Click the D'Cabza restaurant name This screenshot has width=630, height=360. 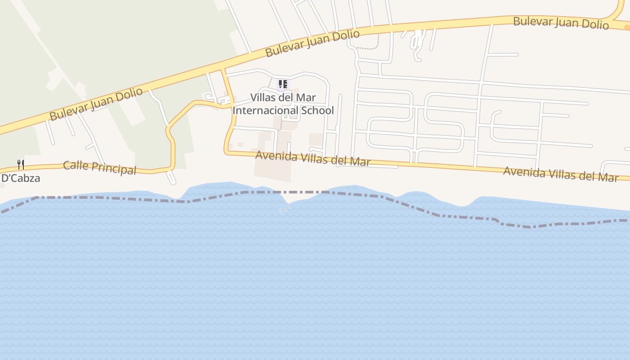pyautogui.click(x=21, y=178)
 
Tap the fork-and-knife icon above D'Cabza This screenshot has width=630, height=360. pyautogui.click(x=21, y=164)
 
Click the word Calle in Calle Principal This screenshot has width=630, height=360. pyautogui.click(x=75, y=165)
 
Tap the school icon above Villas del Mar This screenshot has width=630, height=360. pyautogui.click(x=283, y=84)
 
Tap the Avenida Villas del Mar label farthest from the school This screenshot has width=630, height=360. pyautogui.click(x=560, y=174)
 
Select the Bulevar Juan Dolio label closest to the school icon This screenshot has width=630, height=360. pyautogui.click(x=312, y=43)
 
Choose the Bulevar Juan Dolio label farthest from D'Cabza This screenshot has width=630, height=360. pyautogui.click(x=561, y=22)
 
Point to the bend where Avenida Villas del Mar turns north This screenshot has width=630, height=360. pyautogui.click(x=226, y=152)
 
